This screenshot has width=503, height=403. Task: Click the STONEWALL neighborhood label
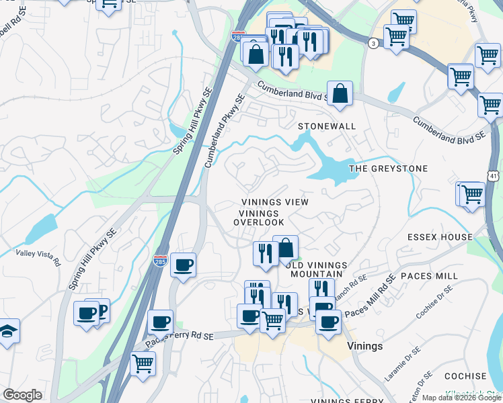click(326, 126)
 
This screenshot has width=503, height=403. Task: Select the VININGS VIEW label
click(275, 202)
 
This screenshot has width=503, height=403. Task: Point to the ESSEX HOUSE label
click(440, 238)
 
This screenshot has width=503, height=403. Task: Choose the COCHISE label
click(465, 376)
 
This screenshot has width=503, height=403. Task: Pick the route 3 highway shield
click(373, 43)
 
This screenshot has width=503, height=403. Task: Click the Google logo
click(22, 395)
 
